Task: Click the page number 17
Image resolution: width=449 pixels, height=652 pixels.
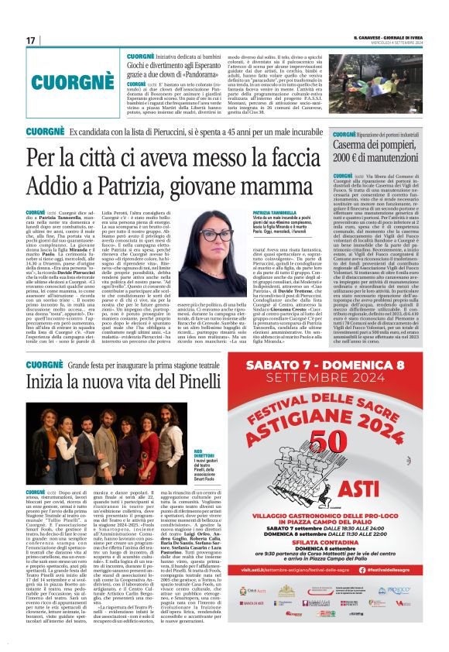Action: (31, 40)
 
